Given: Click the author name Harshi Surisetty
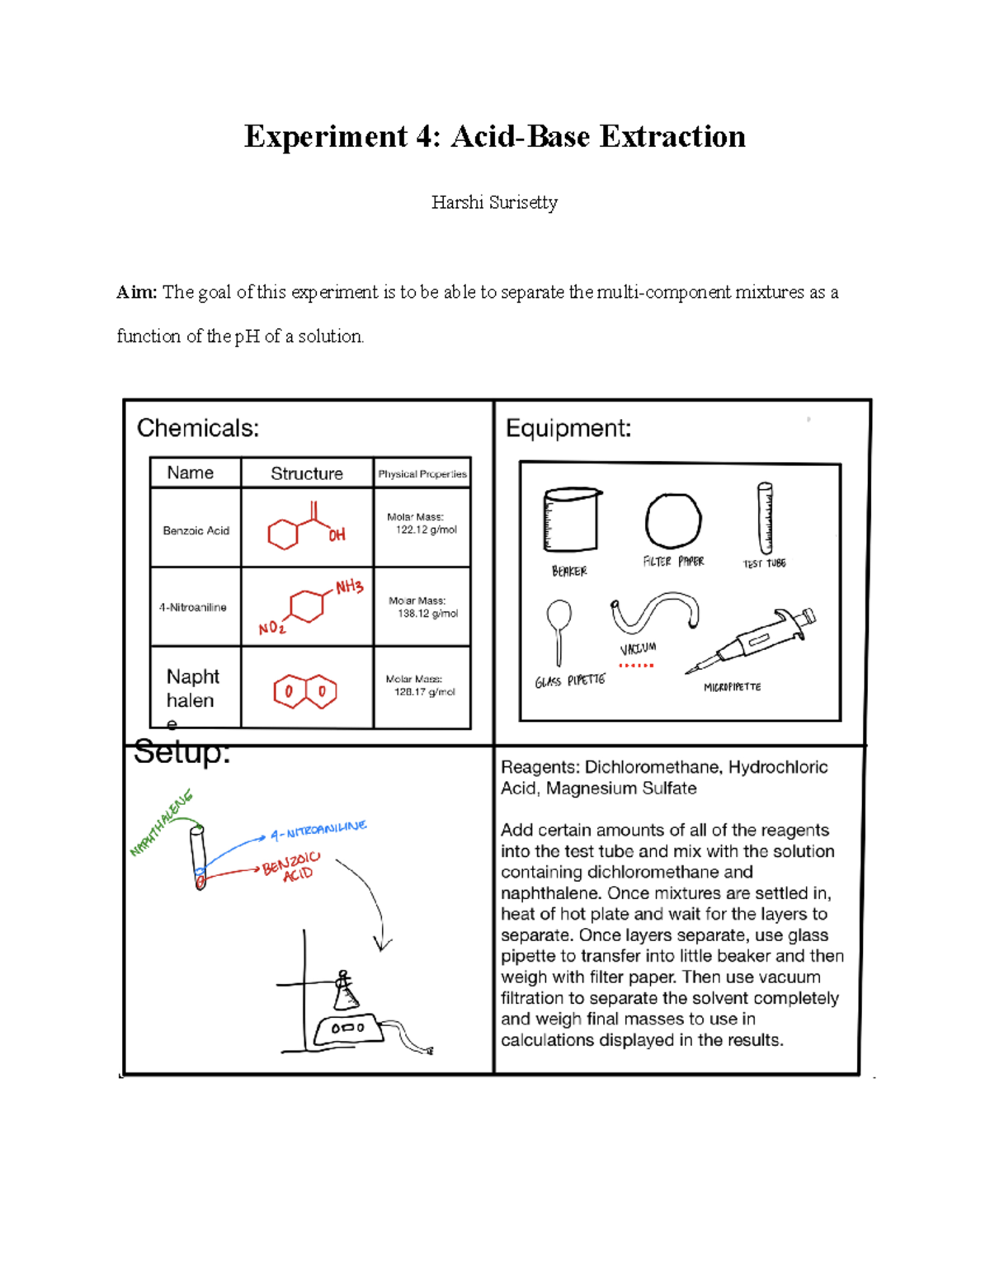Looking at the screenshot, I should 494,203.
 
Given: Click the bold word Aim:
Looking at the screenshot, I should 136,292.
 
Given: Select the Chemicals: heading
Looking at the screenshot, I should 198,428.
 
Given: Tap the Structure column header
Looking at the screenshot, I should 307,473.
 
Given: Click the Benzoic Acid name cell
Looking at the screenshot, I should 196,530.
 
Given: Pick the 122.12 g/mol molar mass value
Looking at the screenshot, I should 426,530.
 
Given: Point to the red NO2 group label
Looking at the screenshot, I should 271,629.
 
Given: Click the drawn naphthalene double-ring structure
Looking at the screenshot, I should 305,691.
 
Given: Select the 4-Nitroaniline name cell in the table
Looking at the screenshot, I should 193,607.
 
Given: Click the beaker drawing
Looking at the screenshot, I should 571,520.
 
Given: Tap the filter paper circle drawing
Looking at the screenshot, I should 673,520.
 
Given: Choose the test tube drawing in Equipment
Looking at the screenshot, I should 766,519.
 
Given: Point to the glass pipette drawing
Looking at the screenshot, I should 559,630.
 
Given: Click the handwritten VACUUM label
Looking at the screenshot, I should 638,649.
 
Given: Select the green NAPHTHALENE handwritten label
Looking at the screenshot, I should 161,823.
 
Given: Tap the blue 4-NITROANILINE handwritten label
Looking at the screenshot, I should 318,830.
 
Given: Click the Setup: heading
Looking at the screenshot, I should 181,752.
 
